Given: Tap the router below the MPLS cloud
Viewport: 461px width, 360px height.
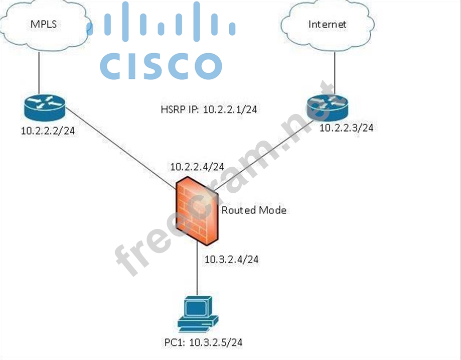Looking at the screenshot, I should [x=44, y=105].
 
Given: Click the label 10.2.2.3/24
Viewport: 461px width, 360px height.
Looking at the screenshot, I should [x=347, y=128].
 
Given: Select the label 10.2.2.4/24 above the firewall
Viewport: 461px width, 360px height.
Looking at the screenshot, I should [x=197, y=167].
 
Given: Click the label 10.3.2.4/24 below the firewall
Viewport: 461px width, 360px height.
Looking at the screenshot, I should [x=231, y=260].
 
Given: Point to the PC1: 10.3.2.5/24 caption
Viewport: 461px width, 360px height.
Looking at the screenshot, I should [x=204, y=342].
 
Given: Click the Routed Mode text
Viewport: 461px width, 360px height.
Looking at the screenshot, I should [x=254, y=210].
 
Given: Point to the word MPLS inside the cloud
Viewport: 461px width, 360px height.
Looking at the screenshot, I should [x=44, y=24].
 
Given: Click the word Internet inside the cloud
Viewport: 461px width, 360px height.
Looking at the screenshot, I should [x=327, y=24].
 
